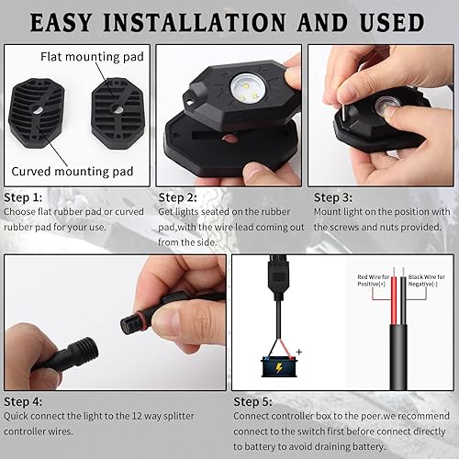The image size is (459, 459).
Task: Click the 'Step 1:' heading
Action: pos(23,197)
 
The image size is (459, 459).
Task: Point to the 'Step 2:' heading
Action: pos(178,197)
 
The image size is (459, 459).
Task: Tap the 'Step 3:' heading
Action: pos(332,197)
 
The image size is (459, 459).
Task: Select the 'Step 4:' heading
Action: pos(23,400)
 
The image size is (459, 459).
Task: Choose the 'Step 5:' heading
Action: pos(254,400)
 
